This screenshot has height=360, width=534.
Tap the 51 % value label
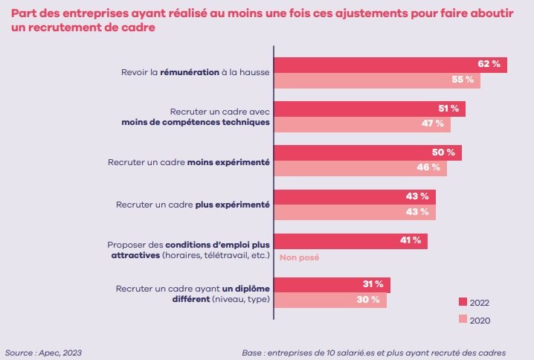point(448,109)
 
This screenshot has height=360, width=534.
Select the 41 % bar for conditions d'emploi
point(350,240)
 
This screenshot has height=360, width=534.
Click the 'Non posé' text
point(298,257)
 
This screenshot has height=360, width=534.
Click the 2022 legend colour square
point(462,303)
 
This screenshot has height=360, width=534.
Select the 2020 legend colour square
point(462,320)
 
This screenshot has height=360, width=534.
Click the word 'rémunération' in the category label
point(189,72)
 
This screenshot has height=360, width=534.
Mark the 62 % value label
point(488,65)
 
